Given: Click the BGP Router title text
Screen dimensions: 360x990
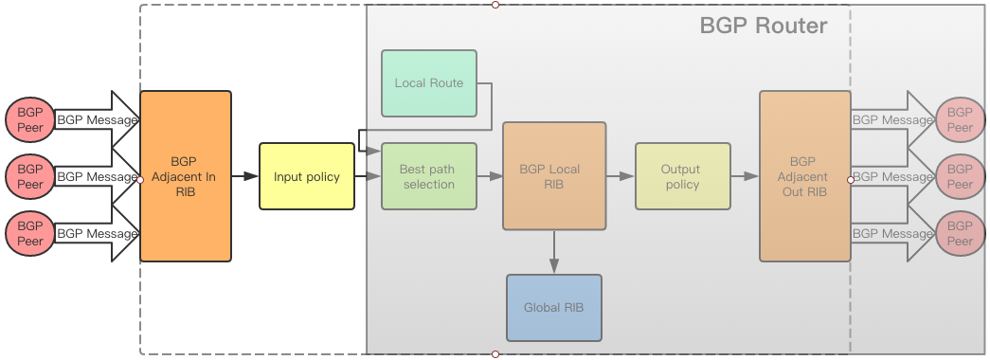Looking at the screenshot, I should click(763, 26).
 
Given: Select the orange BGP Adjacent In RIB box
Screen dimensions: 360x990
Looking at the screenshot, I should click(185, 176).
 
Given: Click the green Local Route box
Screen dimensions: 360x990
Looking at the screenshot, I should click(428, 83).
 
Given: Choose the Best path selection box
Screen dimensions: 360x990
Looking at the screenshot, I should click(428, 176).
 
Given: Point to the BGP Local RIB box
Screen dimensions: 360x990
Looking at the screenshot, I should click(553, 176).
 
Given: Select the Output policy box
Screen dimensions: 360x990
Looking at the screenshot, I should click(682, 176).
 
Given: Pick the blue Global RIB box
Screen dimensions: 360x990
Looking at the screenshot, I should click(553, 308).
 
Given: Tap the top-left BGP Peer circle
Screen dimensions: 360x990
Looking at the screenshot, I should click(30, 120).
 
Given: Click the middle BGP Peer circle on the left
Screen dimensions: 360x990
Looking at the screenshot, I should click(30, 176).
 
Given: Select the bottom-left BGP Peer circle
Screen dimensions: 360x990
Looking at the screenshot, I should click(30, 234).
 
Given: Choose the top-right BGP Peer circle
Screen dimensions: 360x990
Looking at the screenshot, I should click(960, 120).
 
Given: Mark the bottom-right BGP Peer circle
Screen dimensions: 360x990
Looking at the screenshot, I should click(960, 234).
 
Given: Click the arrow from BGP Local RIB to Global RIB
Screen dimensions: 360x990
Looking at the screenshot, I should click(553, 252).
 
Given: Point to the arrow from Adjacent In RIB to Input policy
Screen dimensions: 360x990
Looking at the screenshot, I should click(245, 176).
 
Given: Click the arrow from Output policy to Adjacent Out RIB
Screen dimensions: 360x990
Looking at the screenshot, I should click(745, 176).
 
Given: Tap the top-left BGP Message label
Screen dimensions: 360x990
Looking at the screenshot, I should click(97, 120).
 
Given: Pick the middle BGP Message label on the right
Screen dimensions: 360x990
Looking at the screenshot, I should click(892, 176).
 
